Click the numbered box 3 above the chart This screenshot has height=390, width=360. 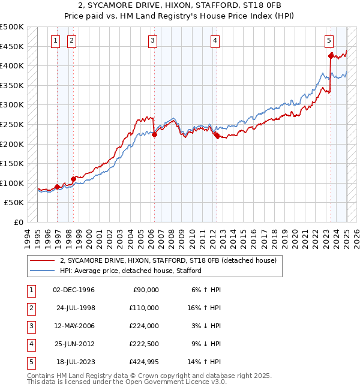153,41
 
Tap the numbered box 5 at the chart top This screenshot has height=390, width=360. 329,41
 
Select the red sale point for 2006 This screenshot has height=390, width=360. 154,135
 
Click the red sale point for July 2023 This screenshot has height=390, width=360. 331,56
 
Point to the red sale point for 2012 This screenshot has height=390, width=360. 217,136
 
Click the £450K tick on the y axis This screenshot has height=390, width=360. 12,46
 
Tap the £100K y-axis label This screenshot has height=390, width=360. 12,183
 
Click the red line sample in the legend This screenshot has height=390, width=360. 42,260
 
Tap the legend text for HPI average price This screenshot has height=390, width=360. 130,271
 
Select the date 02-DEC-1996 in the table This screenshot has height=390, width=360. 74,290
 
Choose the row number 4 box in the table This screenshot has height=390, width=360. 31,344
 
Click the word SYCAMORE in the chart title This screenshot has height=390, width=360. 175,5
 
